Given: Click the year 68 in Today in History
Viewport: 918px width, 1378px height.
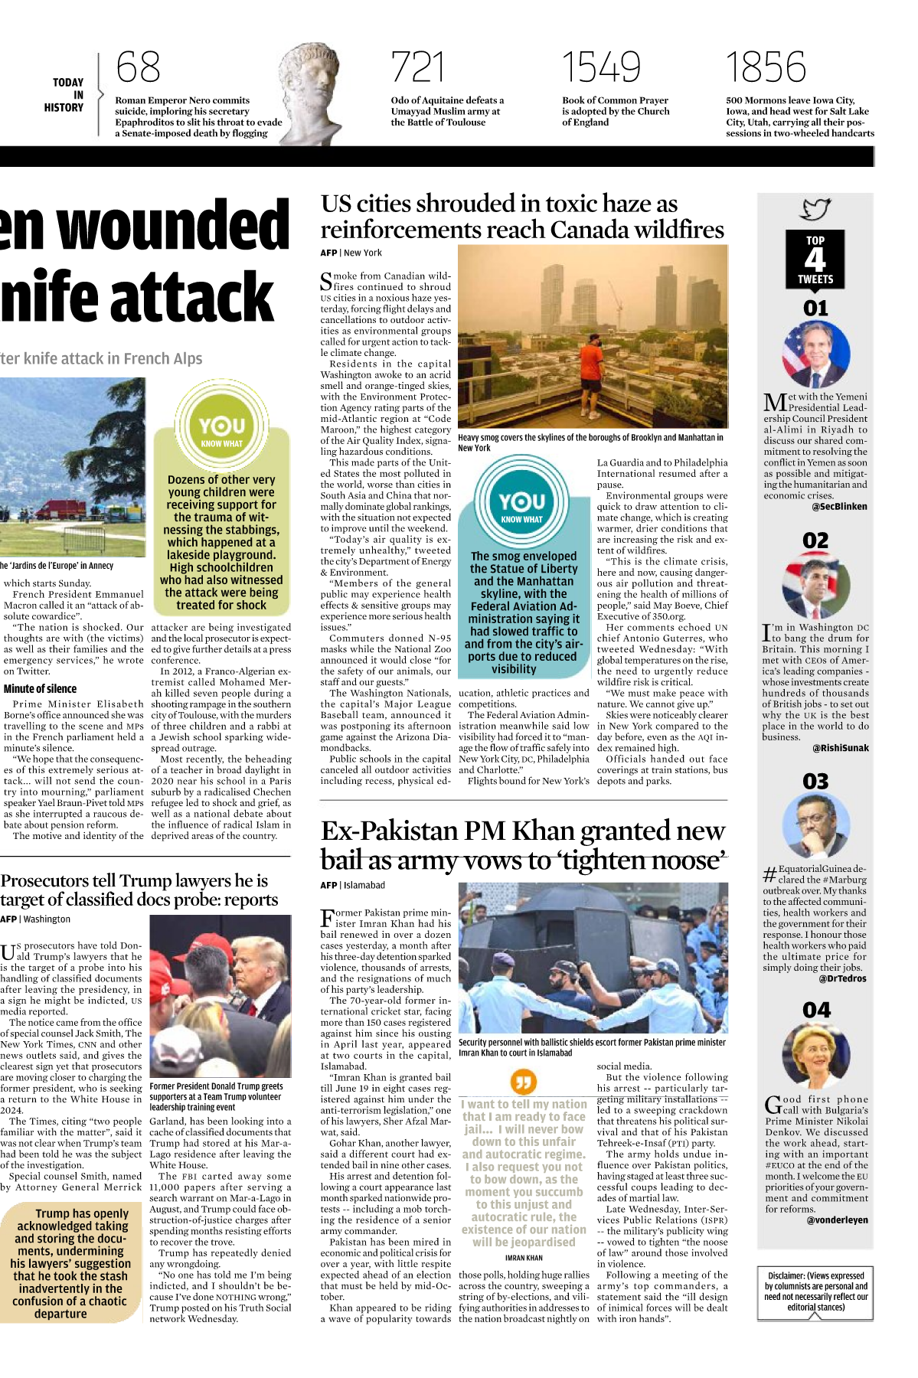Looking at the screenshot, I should tap(139, 67).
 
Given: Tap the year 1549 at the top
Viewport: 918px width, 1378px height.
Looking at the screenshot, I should tap(601, 67).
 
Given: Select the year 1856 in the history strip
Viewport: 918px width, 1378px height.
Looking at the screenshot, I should tap(766, 67).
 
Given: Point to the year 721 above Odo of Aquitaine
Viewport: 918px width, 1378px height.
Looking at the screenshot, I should tap(417, 67).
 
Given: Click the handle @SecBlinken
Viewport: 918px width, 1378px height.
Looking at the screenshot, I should tap(839, 507).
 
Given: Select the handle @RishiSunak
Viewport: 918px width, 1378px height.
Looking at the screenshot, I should tap(840, 748).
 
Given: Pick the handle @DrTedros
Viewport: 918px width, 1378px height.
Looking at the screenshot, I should tap(842, 978).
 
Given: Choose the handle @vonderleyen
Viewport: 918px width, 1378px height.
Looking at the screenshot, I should tap(837, 1220).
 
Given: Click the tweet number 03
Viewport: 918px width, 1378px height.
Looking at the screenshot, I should tap(815, 782).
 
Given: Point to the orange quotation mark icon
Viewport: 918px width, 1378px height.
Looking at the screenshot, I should tap(524, 1082).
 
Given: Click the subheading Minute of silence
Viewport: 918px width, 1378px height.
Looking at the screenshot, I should tap(40, 689).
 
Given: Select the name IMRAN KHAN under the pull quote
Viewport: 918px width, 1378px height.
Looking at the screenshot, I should tap(524, 1258).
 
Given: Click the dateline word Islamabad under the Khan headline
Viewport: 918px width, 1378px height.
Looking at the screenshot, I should tap(364, 885).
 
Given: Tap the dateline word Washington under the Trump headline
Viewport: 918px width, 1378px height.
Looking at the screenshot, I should tap(47, 919).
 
